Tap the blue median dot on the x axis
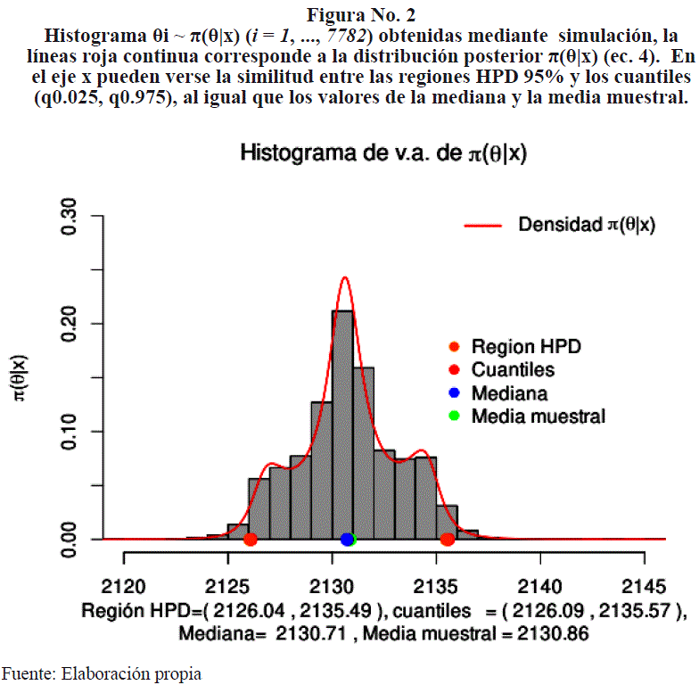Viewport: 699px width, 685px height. (347, 540)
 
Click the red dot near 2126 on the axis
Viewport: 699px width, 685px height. (251, 540)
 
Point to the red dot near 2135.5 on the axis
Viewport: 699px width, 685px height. (448, 540)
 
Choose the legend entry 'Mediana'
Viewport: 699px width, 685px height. (508, 393)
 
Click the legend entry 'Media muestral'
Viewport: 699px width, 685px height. (538, 417)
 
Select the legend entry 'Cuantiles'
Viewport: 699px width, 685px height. (513, 370)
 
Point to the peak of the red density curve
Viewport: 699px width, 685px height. (345, 278)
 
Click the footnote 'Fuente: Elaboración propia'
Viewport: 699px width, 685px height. (101, 673)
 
